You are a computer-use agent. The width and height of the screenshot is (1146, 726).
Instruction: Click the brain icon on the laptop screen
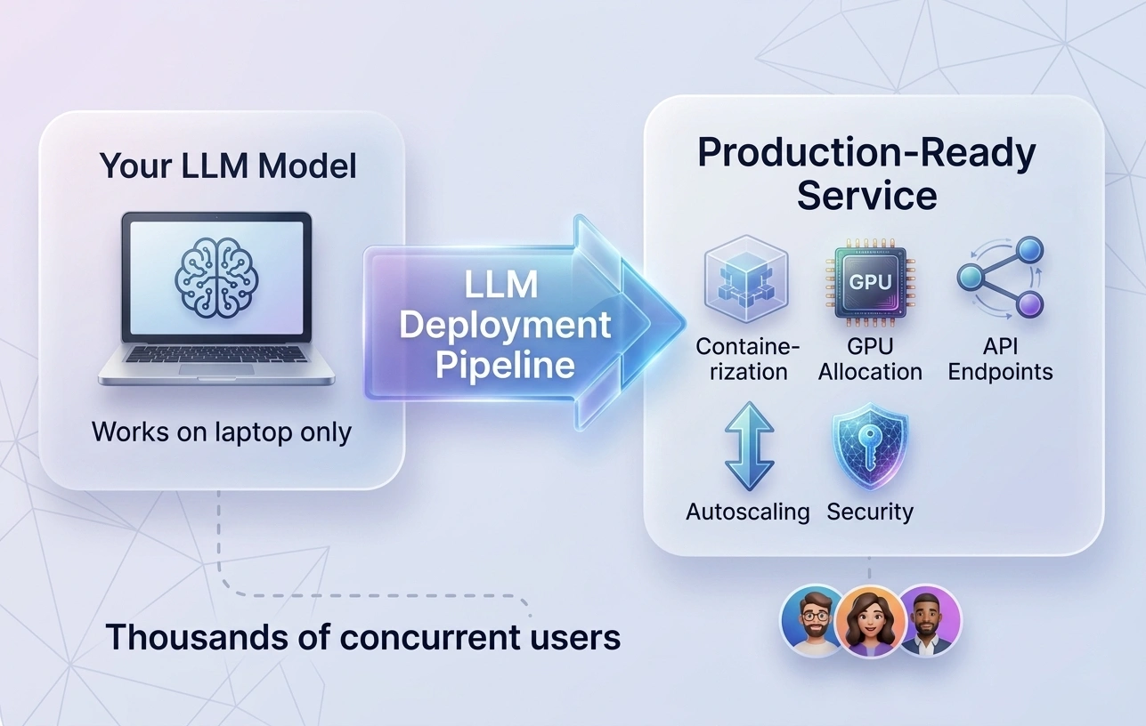coord(216,278)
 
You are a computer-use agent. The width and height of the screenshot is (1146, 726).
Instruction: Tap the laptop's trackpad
coord(215,368)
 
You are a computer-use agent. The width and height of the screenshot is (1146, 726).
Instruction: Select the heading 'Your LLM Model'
coord(228,166)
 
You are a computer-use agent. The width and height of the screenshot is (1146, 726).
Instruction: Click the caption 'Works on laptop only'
coord(222,432)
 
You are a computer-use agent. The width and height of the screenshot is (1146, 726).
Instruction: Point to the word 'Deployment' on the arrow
coord(505,325)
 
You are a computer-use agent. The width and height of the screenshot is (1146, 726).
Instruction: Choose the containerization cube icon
coord(746,278)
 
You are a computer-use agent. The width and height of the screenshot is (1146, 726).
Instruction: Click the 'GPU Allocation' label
coord(870,359)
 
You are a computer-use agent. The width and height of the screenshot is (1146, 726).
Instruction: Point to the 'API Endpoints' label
coord(1000,359)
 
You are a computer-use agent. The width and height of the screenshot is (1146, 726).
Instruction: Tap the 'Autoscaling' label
coord(747,512)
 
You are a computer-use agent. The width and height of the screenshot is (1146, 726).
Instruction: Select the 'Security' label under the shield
coord(870,512)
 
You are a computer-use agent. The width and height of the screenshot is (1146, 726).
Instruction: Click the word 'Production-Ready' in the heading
coord(866,153)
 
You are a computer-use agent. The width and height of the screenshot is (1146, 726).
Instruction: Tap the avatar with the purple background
coord(929,620)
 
